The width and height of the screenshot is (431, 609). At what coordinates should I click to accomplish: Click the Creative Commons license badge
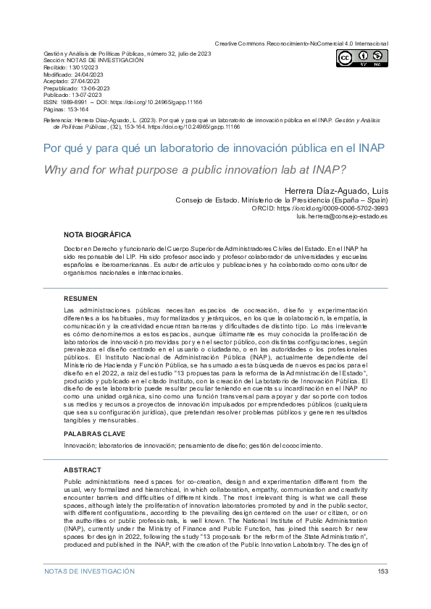pos(361,59)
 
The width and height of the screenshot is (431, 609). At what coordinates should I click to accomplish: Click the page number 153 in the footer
pos(383,571)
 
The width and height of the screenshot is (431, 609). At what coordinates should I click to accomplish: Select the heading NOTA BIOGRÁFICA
pos(97,235)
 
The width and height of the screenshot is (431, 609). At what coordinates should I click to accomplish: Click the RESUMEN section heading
pos(80,299)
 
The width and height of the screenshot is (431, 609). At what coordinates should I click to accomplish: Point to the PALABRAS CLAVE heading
pos(94,434)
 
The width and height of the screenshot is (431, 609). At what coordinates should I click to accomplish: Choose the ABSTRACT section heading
pos(83,470)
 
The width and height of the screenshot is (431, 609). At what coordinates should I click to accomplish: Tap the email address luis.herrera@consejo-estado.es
pos(342,217)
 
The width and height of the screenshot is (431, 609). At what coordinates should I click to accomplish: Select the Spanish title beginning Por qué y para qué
pos(204,148)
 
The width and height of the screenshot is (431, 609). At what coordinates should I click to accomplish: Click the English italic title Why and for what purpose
pos(196,171)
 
